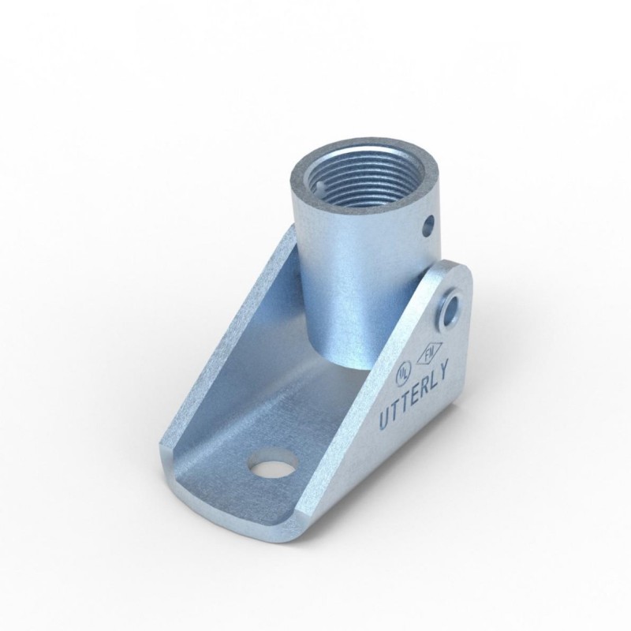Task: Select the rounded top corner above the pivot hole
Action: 457,272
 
